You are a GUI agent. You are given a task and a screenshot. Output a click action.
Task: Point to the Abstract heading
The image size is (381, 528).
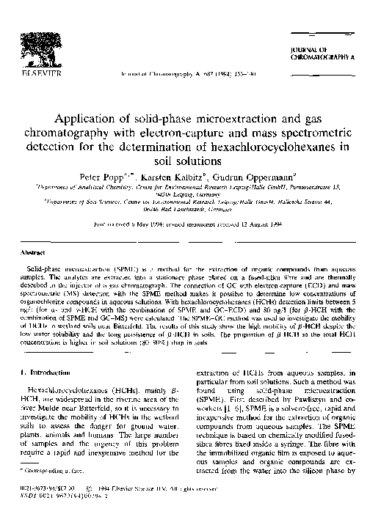tap(37, 252)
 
